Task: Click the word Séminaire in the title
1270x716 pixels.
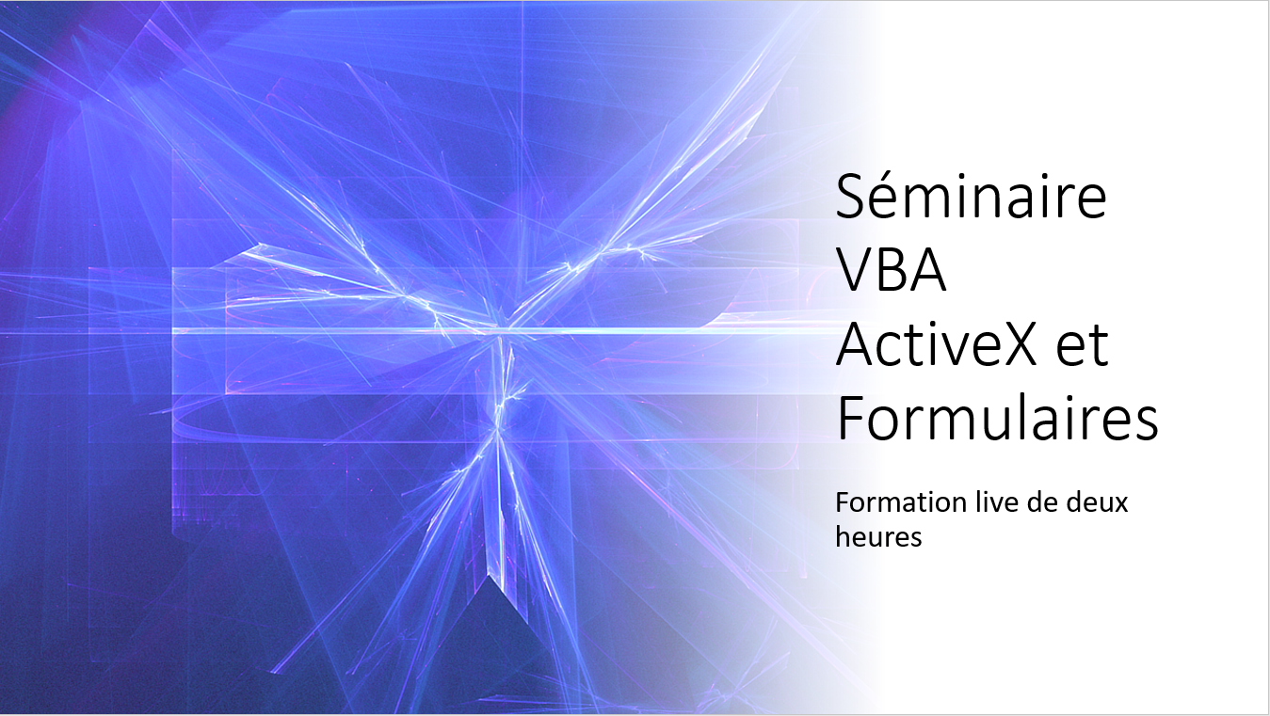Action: coord(971,196)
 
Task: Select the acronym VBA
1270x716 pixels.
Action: coord(892,271)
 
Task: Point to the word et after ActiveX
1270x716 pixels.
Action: coord(1083,346)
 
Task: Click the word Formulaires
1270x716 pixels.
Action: coord(998,418)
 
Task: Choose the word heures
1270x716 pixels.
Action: coord(878,536)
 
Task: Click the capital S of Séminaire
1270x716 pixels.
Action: coord(850,198)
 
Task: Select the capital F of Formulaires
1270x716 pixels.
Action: coord(850,419)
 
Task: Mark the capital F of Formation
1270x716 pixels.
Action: coord(843,503)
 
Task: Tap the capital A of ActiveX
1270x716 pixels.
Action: coord(856,345)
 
